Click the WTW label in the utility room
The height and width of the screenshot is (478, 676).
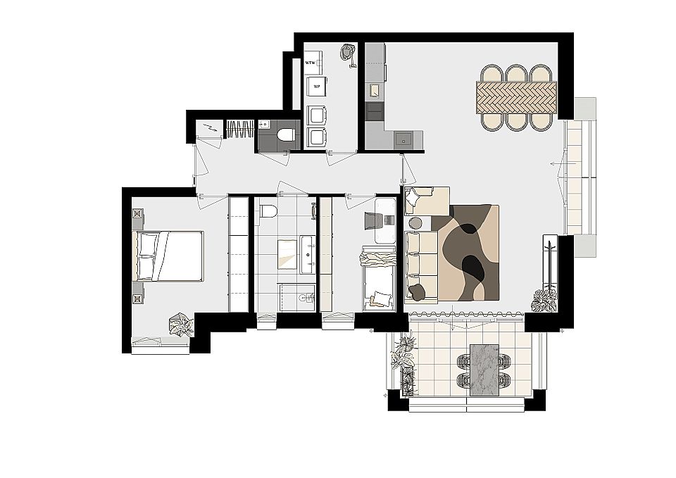pos(310,63)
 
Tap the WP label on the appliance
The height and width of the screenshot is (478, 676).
pos(317,86)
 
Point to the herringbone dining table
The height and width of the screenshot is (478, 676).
pos(516,98)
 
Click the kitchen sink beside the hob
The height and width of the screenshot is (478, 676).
pos(374,90)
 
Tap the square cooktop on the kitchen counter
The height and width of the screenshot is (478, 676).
pos(403,139)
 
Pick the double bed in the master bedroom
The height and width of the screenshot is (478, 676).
pos(170,256)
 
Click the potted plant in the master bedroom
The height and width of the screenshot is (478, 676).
pos(181,324)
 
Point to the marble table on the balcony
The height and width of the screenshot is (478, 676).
pos(484,370)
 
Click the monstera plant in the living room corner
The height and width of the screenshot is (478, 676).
pos(544,300)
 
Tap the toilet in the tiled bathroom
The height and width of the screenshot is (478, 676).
pos(268,211)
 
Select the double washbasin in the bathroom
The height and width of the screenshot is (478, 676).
pos(308,254)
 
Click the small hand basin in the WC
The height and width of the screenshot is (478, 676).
pos(264,124)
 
